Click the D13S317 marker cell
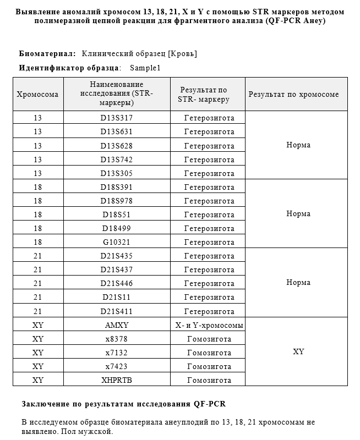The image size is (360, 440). (116, 118)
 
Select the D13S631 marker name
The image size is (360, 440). (116, 131)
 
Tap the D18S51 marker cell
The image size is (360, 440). (116, 215)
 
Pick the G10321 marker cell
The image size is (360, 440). (116, 242)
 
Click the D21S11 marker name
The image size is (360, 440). (116, 297)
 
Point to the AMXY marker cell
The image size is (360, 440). (116, 325)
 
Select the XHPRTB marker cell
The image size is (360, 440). (116, 380)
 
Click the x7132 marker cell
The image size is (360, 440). (116, 353)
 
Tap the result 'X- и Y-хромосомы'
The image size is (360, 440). (209, 325)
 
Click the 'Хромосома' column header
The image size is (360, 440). (38, 94)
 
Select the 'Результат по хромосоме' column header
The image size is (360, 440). (294, 94)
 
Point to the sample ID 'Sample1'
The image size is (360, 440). (145, 68)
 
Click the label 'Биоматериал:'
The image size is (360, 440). (47, 54)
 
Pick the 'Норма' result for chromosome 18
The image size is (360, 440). (298, 214)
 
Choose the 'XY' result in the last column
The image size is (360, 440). (298, 352)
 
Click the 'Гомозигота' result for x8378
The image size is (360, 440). (209, 339)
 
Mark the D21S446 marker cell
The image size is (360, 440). (116, 283)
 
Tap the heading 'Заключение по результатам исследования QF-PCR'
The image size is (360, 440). (124, 404)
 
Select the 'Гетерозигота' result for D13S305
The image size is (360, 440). (209, 173)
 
